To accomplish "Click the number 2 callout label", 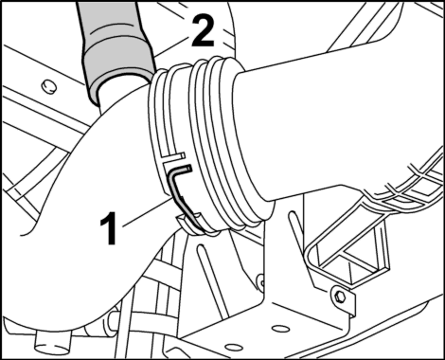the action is click(x=203, y=30).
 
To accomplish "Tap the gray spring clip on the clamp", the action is click(x=182, y=195).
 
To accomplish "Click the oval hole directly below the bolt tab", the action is click(x=281, y=329).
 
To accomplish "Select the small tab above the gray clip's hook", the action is click(x=173, y=158).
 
